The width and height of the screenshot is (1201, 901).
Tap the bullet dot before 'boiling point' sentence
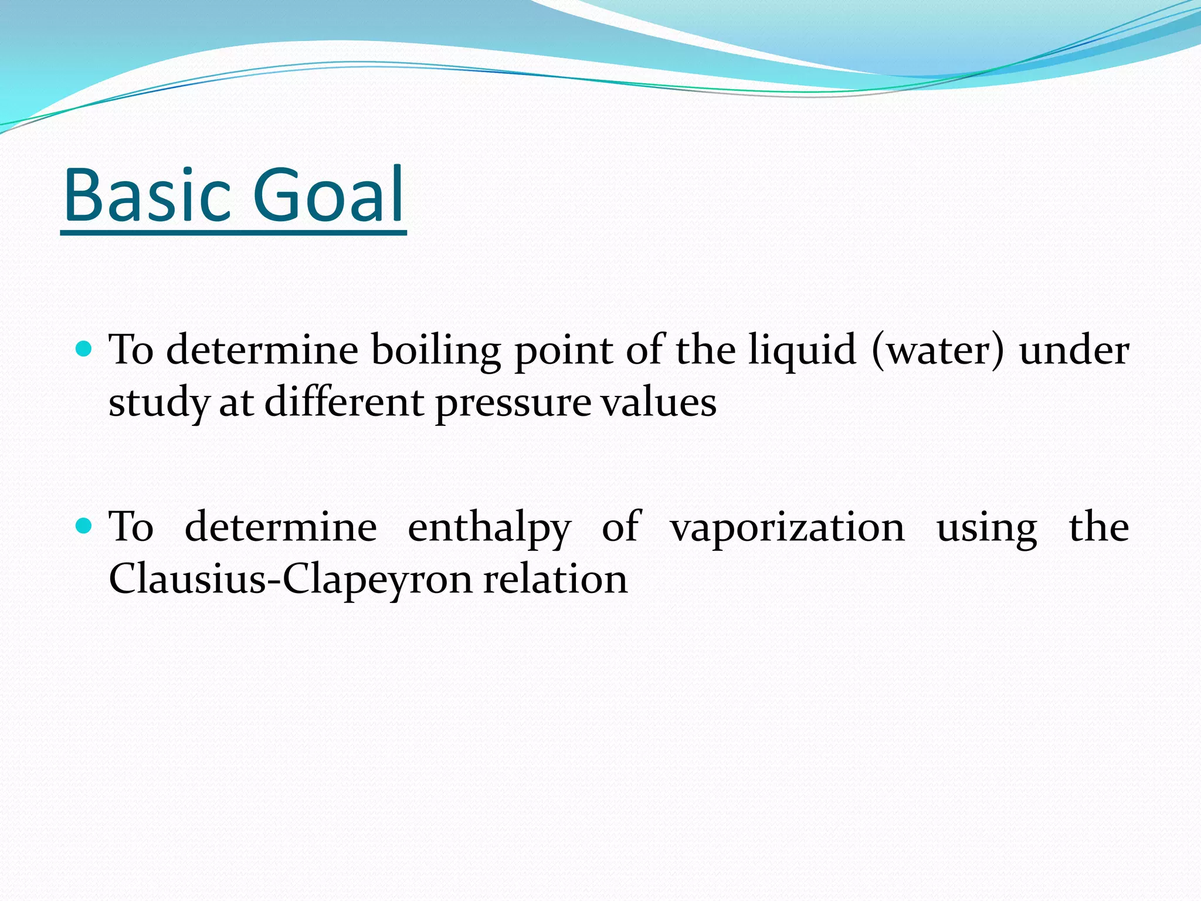pyautogui.click(x=84, y=350)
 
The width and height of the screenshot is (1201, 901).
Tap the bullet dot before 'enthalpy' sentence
pyautogui.click(x=84, y=526)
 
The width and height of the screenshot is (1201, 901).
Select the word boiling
pyautogui.click(x=436, y=351)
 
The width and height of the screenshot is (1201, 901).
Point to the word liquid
pyautogui.click(x=802, y=351)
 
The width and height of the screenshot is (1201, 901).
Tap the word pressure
pyautogui.click(x=513, y=404)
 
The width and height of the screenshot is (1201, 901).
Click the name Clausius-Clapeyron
pyautogui.click(x=290, y=580)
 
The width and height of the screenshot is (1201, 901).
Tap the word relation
pyautogui.click(x=555, y=578)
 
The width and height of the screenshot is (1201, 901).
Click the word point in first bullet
pyautogui.click(x=563, y=351)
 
